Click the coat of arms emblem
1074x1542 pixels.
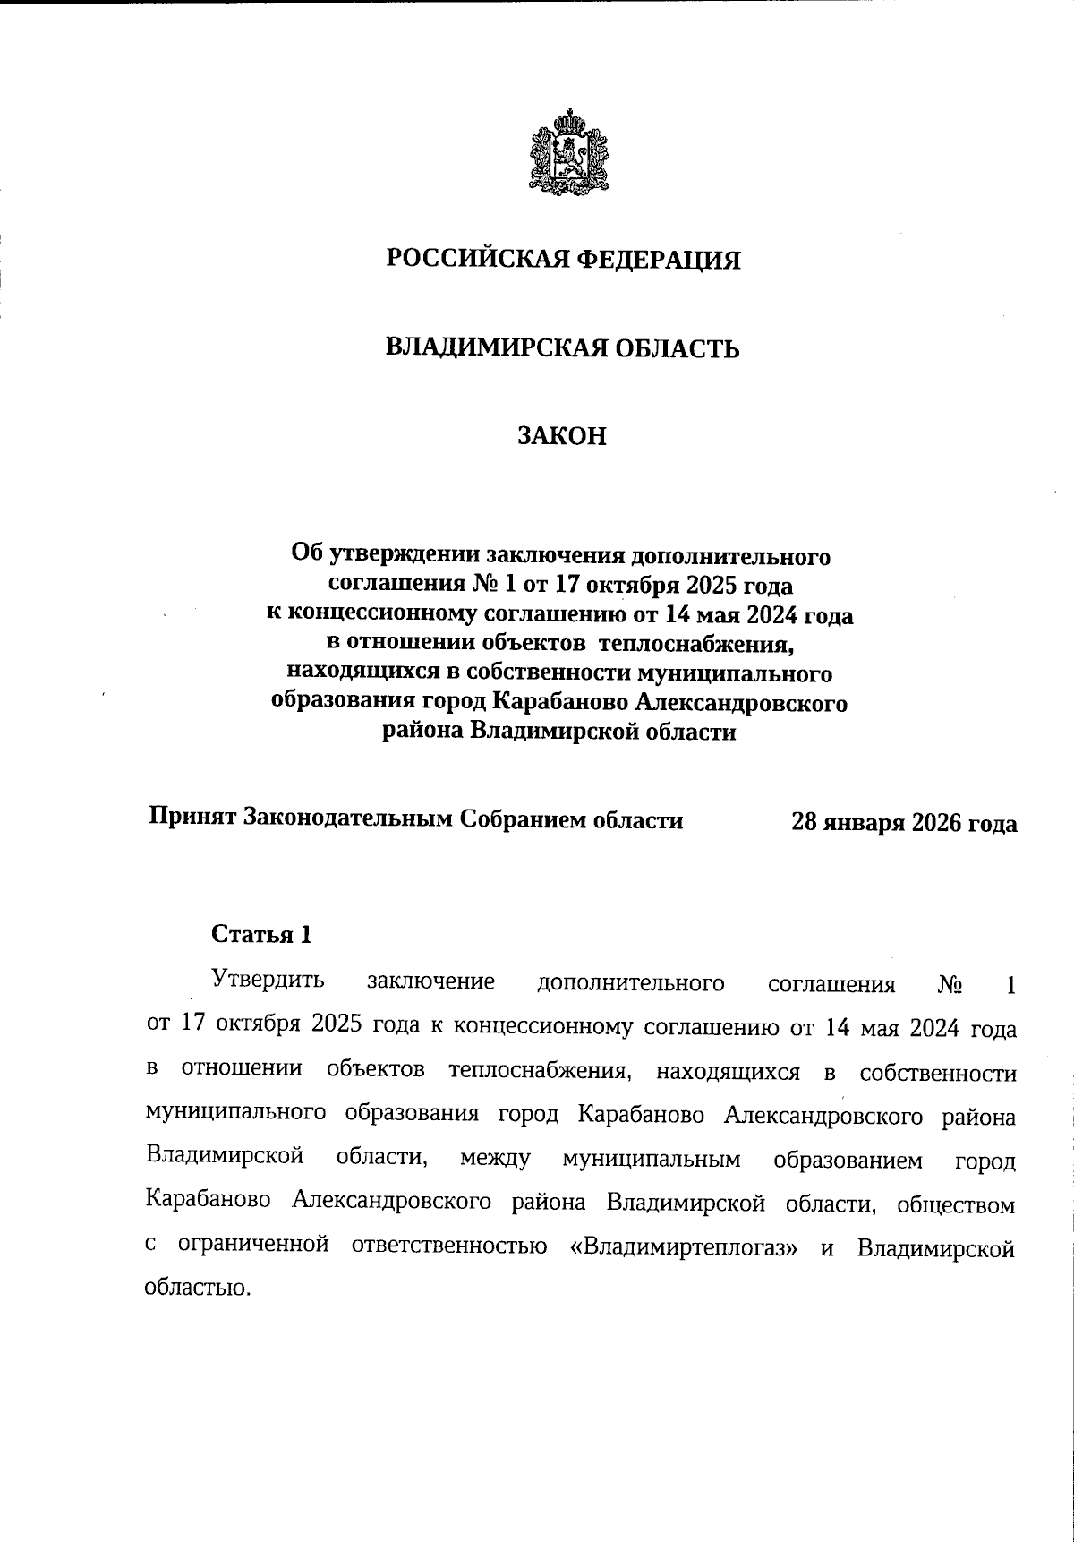564,151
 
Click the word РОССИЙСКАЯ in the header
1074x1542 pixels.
476,260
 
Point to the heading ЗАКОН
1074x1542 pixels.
563,436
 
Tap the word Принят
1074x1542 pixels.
192,818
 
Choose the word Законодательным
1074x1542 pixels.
348,818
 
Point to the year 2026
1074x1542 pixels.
940,822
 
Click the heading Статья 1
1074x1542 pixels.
262,935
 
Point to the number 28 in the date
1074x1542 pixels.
805,822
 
